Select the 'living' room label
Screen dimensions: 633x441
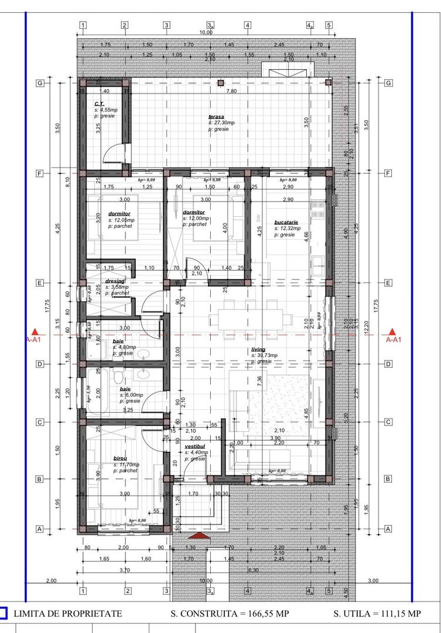pos(258,349)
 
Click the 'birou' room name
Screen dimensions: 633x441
pos(121,459)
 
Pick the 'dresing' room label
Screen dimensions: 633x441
pos(114,281)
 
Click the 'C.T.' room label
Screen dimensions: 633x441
pos(99,104)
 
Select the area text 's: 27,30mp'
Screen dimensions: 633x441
pos(221,122)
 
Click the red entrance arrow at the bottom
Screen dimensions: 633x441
pos(199,535)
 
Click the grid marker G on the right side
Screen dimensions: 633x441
pos(388,83)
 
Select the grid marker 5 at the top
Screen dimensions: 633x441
pos(329,25)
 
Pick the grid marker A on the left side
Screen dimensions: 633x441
pos(40,529)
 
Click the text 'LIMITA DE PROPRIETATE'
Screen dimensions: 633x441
pos(67,614)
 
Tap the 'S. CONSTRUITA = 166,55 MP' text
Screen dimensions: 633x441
pos(230,614)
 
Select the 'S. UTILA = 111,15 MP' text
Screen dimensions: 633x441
pos(377,614)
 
